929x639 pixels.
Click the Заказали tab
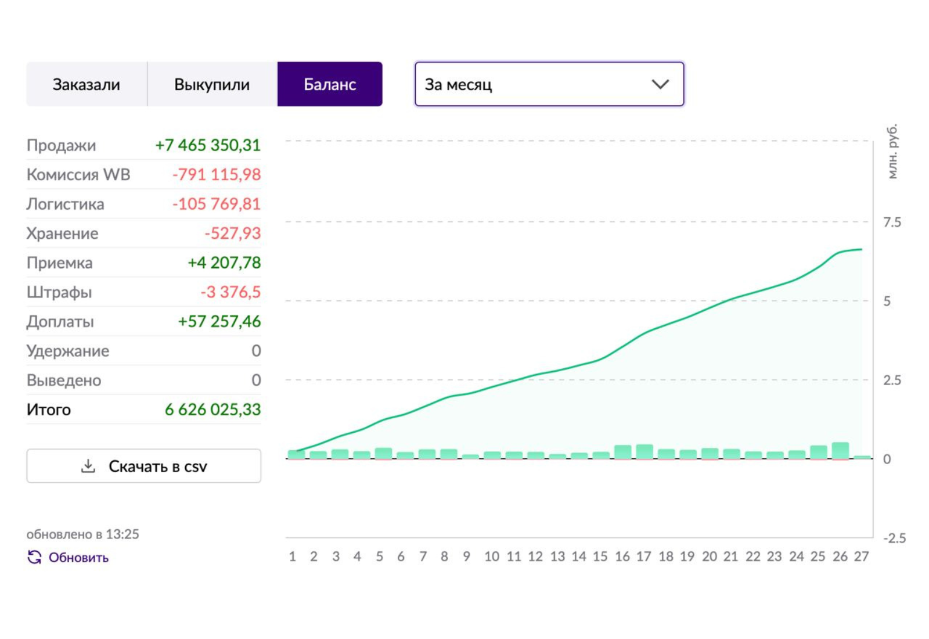click(87, 84)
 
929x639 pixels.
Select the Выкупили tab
click(213, 84)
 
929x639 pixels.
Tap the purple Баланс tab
click(330, 84)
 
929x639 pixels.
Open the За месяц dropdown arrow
click(660, 85)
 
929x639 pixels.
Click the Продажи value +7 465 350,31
click(208, 145)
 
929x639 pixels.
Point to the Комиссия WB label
click(78, 175)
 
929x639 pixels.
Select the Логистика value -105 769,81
click(217, 204)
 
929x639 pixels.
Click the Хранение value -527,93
click(233, 233)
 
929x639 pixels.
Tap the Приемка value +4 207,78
click(224, 263)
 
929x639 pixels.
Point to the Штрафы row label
click(59, 292)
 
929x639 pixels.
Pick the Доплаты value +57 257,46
click(219, 322)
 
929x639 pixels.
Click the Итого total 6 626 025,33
click(213, 410)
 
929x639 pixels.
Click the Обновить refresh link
click(68, 557)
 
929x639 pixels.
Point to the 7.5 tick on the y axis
click(892, 222)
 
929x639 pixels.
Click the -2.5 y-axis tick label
click(895, 538)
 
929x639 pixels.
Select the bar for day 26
click(840, 451)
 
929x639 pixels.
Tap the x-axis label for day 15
click(600, 557)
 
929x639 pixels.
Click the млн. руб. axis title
click(892, 152)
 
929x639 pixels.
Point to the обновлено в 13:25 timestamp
click(83, 534)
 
